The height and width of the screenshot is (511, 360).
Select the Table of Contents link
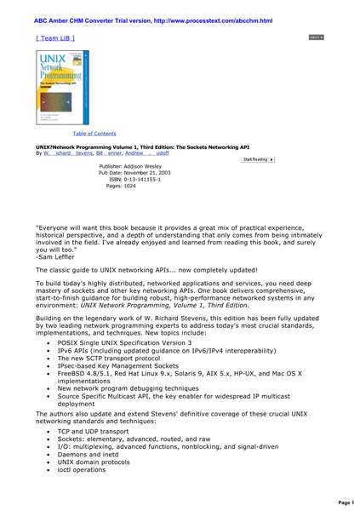pos(94,134)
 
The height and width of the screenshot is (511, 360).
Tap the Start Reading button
pos(259,159)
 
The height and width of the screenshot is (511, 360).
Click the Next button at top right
pos(316,38)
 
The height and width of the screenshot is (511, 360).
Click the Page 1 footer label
pos(346,502)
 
